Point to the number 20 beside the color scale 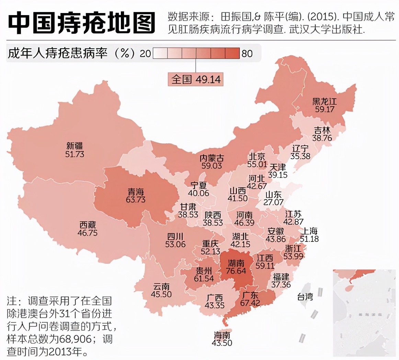(x=145, y=54)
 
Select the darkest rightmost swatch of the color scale (x=232, y=54)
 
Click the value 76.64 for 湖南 (x=236, y=271)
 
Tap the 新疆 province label (x=75, y=146)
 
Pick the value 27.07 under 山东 (x=273, y=202)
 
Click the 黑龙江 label (x=324, y=101)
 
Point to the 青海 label (x=136, y=191)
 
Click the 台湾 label (x=305, y=296)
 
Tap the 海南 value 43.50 (x=222, y=342)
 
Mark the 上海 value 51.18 (x=309, y=239)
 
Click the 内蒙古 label (x=212, y=158)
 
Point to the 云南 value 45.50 (x=161, y=294)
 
